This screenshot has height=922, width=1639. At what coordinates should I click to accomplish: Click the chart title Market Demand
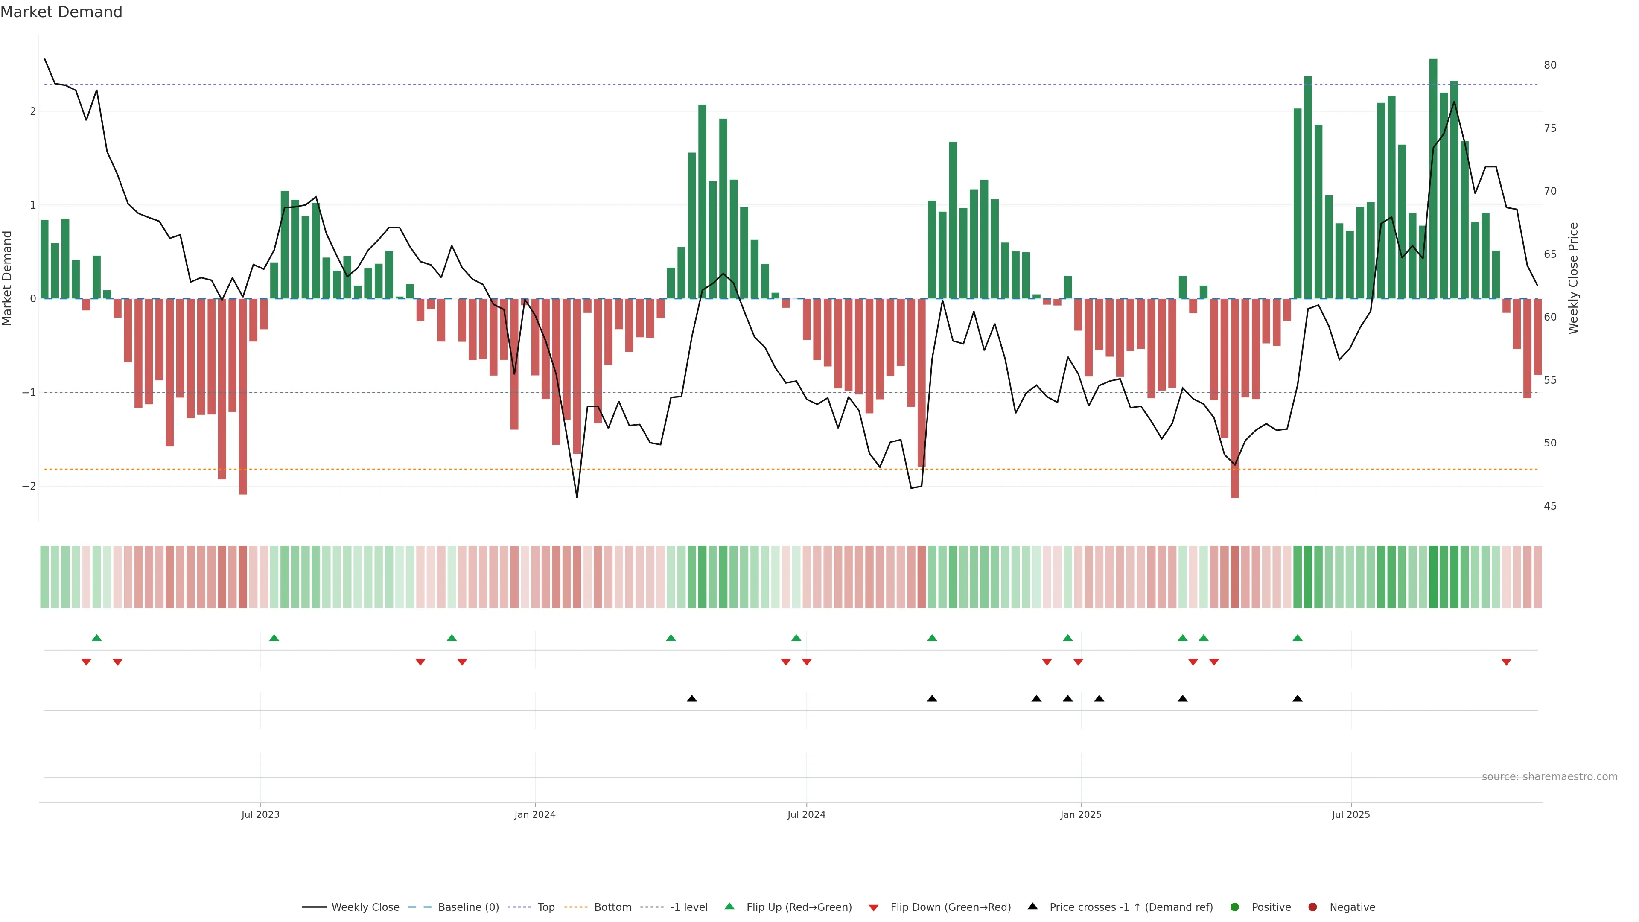tap(61, 12)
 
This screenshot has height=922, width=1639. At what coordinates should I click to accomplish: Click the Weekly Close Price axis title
tap(1573, 278)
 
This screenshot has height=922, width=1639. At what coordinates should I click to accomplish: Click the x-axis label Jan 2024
tap(534, 814)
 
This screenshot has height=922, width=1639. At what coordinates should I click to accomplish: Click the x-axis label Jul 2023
tap(260, 814)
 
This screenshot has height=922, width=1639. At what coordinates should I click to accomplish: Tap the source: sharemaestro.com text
tap(1549, 777)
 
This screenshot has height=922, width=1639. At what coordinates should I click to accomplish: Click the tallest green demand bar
tap(1433, 178)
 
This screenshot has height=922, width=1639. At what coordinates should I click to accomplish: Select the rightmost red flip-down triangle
tap(1506, 662)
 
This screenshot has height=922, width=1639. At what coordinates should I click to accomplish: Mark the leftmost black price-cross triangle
tap(691, 699)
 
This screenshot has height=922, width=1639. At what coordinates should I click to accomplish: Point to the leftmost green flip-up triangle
tap(97, 638)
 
